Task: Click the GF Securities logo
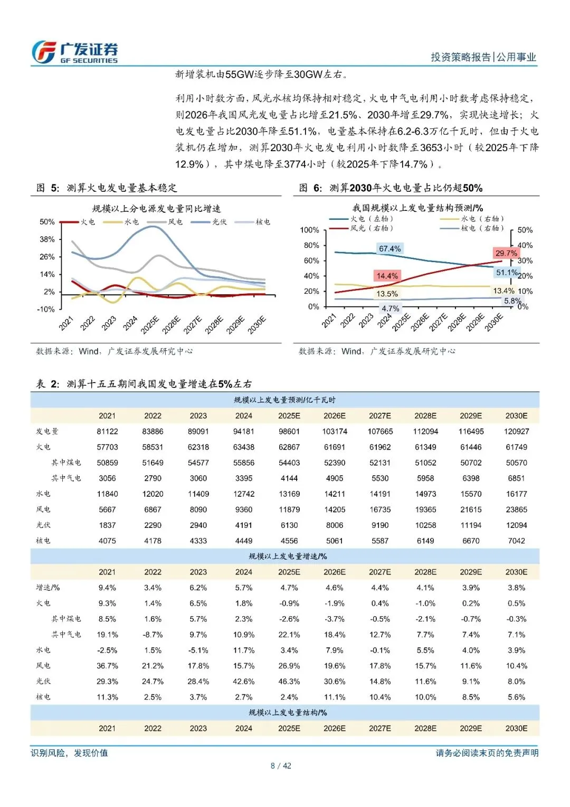point(74,52)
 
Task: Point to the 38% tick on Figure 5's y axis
point(47,239)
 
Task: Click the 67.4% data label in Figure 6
point(389,249)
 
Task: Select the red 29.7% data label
point(506,253)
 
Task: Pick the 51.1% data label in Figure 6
point(507,273)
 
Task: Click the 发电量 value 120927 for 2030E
point(516,431)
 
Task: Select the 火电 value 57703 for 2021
point(107,447)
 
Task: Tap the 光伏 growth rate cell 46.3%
point(289,682)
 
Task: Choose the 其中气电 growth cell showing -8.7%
point(153,635)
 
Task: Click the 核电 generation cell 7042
point(516,541)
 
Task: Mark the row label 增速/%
point(48,588)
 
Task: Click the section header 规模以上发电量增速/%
point(287,556)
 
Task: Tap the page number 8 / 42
point(281,766)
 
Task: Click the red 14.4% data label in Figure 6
point(387,276)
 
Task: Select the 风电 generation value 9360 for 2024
point(243,509)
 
